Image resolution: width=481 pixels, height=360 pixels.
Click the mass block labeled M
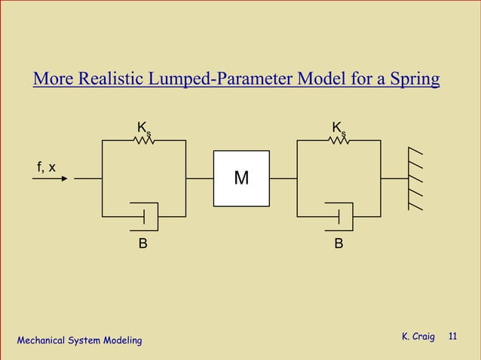click(241, 178)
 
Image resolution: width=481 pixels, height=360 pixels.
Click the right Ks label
click(339, 129)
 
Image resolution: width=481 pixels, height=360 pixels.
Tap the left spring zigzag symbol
click(143, 140)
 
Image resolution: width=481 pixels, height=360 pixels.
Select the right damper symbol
click(339, 216)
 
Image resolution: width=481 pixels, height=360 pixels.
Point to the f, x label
click(46, 166)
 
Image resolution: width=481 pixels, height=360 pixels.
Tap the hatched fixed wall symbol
click(415, 179)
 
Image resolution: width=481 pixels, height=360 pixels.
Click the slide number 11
click(453, 336)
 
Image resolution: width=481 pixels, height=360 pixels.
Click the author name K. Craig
click(418, 336)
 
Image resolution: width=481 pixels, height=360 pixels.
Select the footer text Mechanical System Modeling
click(79, 341)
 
